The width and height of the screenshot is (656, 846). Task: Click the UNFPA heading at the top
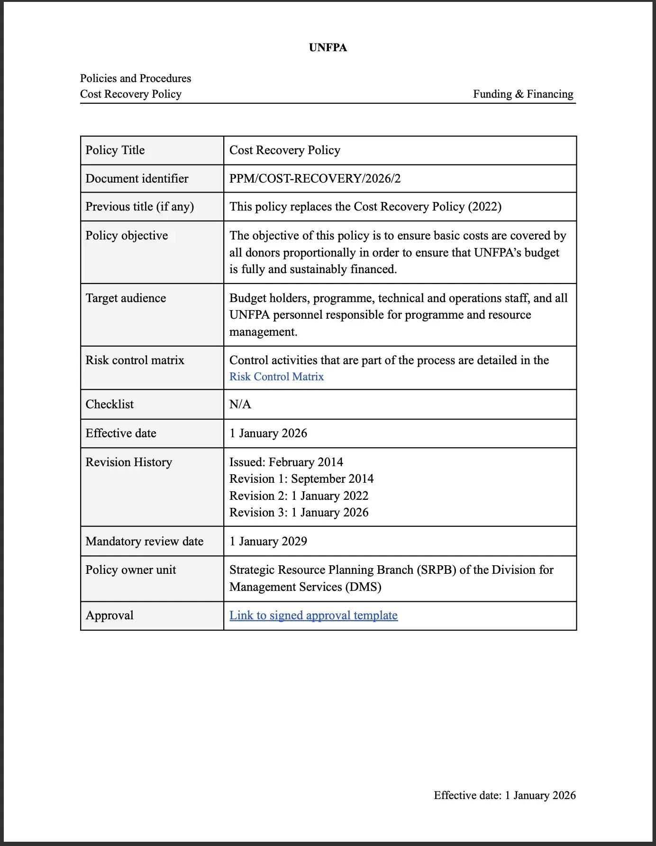tap(328, 47)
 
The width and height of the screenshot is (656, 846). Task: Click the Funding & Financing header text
tap(523, 94)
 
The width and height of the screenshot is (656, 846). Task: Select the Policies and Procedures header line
tap(136, 78)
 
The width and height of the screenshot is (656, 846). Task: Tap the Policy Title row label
tap(115, 150)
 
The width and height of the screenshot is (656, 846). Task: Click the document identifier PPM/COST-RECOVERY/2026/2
tap(315, 179)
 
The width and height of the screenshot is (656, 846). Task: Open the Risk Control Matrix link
tap(276, 377)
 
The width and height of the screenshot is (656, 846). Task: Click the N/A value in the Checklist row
tap(240, 405)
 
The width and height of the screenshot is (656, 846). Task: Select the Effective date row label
tap(121, 433)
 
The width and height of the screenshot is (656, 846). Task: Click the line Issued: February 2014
tap(286, 462)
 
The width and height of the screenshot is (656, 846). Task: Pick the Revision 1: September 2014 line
tap(301, 479)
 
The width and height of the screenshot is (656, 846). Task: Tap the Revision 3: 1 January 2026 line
tap(299, 513)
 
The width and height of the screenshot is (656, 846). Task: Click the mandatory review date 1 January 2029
tap(268, 542)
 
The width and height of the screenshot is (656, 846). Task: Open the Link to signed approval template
tap(313, 616)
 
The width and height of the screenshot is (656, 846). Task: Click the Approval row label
tap(109, 616)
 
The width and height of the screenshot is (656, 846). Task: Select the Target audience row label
tap(126, 298)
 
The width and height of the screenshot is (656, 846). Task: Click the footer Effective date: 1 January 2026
tap(504, 795)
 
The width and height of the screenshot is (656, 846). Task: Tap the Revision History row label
tap(128, 462)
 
